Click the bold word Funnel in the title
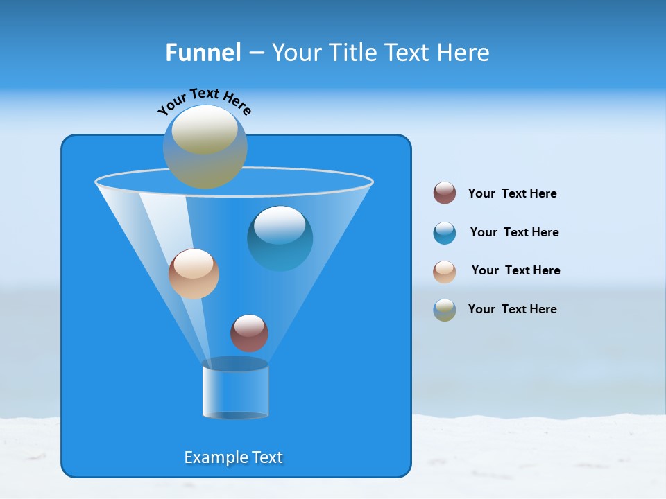pyautogui.click(x=203, y=53)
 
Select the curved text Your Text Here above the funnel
pyautogui.click(x=205, y=101)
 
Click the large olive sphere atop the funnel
pyautogui.click(x=205, y=147)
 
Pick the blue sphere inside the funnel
pyautogui.click(x=280, y=238)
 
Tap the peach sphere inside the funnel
pyautogui.click(x=194, y=274)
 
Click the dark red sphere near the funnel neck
pyautogui.click(x=249, y=333)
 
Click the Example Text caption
pyautogui.click(x=234, y=457)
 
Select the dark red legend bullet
pyautogui.click(x=445, y=193)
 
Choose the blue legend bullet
pyautogui.click(x=445, y=233)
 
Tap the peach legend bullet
pyautogui.click(x=445, y=272)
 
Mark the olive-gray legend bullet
pyautogui.click(x=445, y=310)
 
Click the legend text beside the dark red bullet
pyautogui.click(x=512, y=193)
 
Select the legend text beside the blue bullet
pyautogui.click(x=514, y=232)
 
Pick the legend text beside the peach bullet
pyautogui.click(x=515, y=270)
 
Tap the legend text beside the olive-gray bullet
pyautogui.click(x=512, y=309)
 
